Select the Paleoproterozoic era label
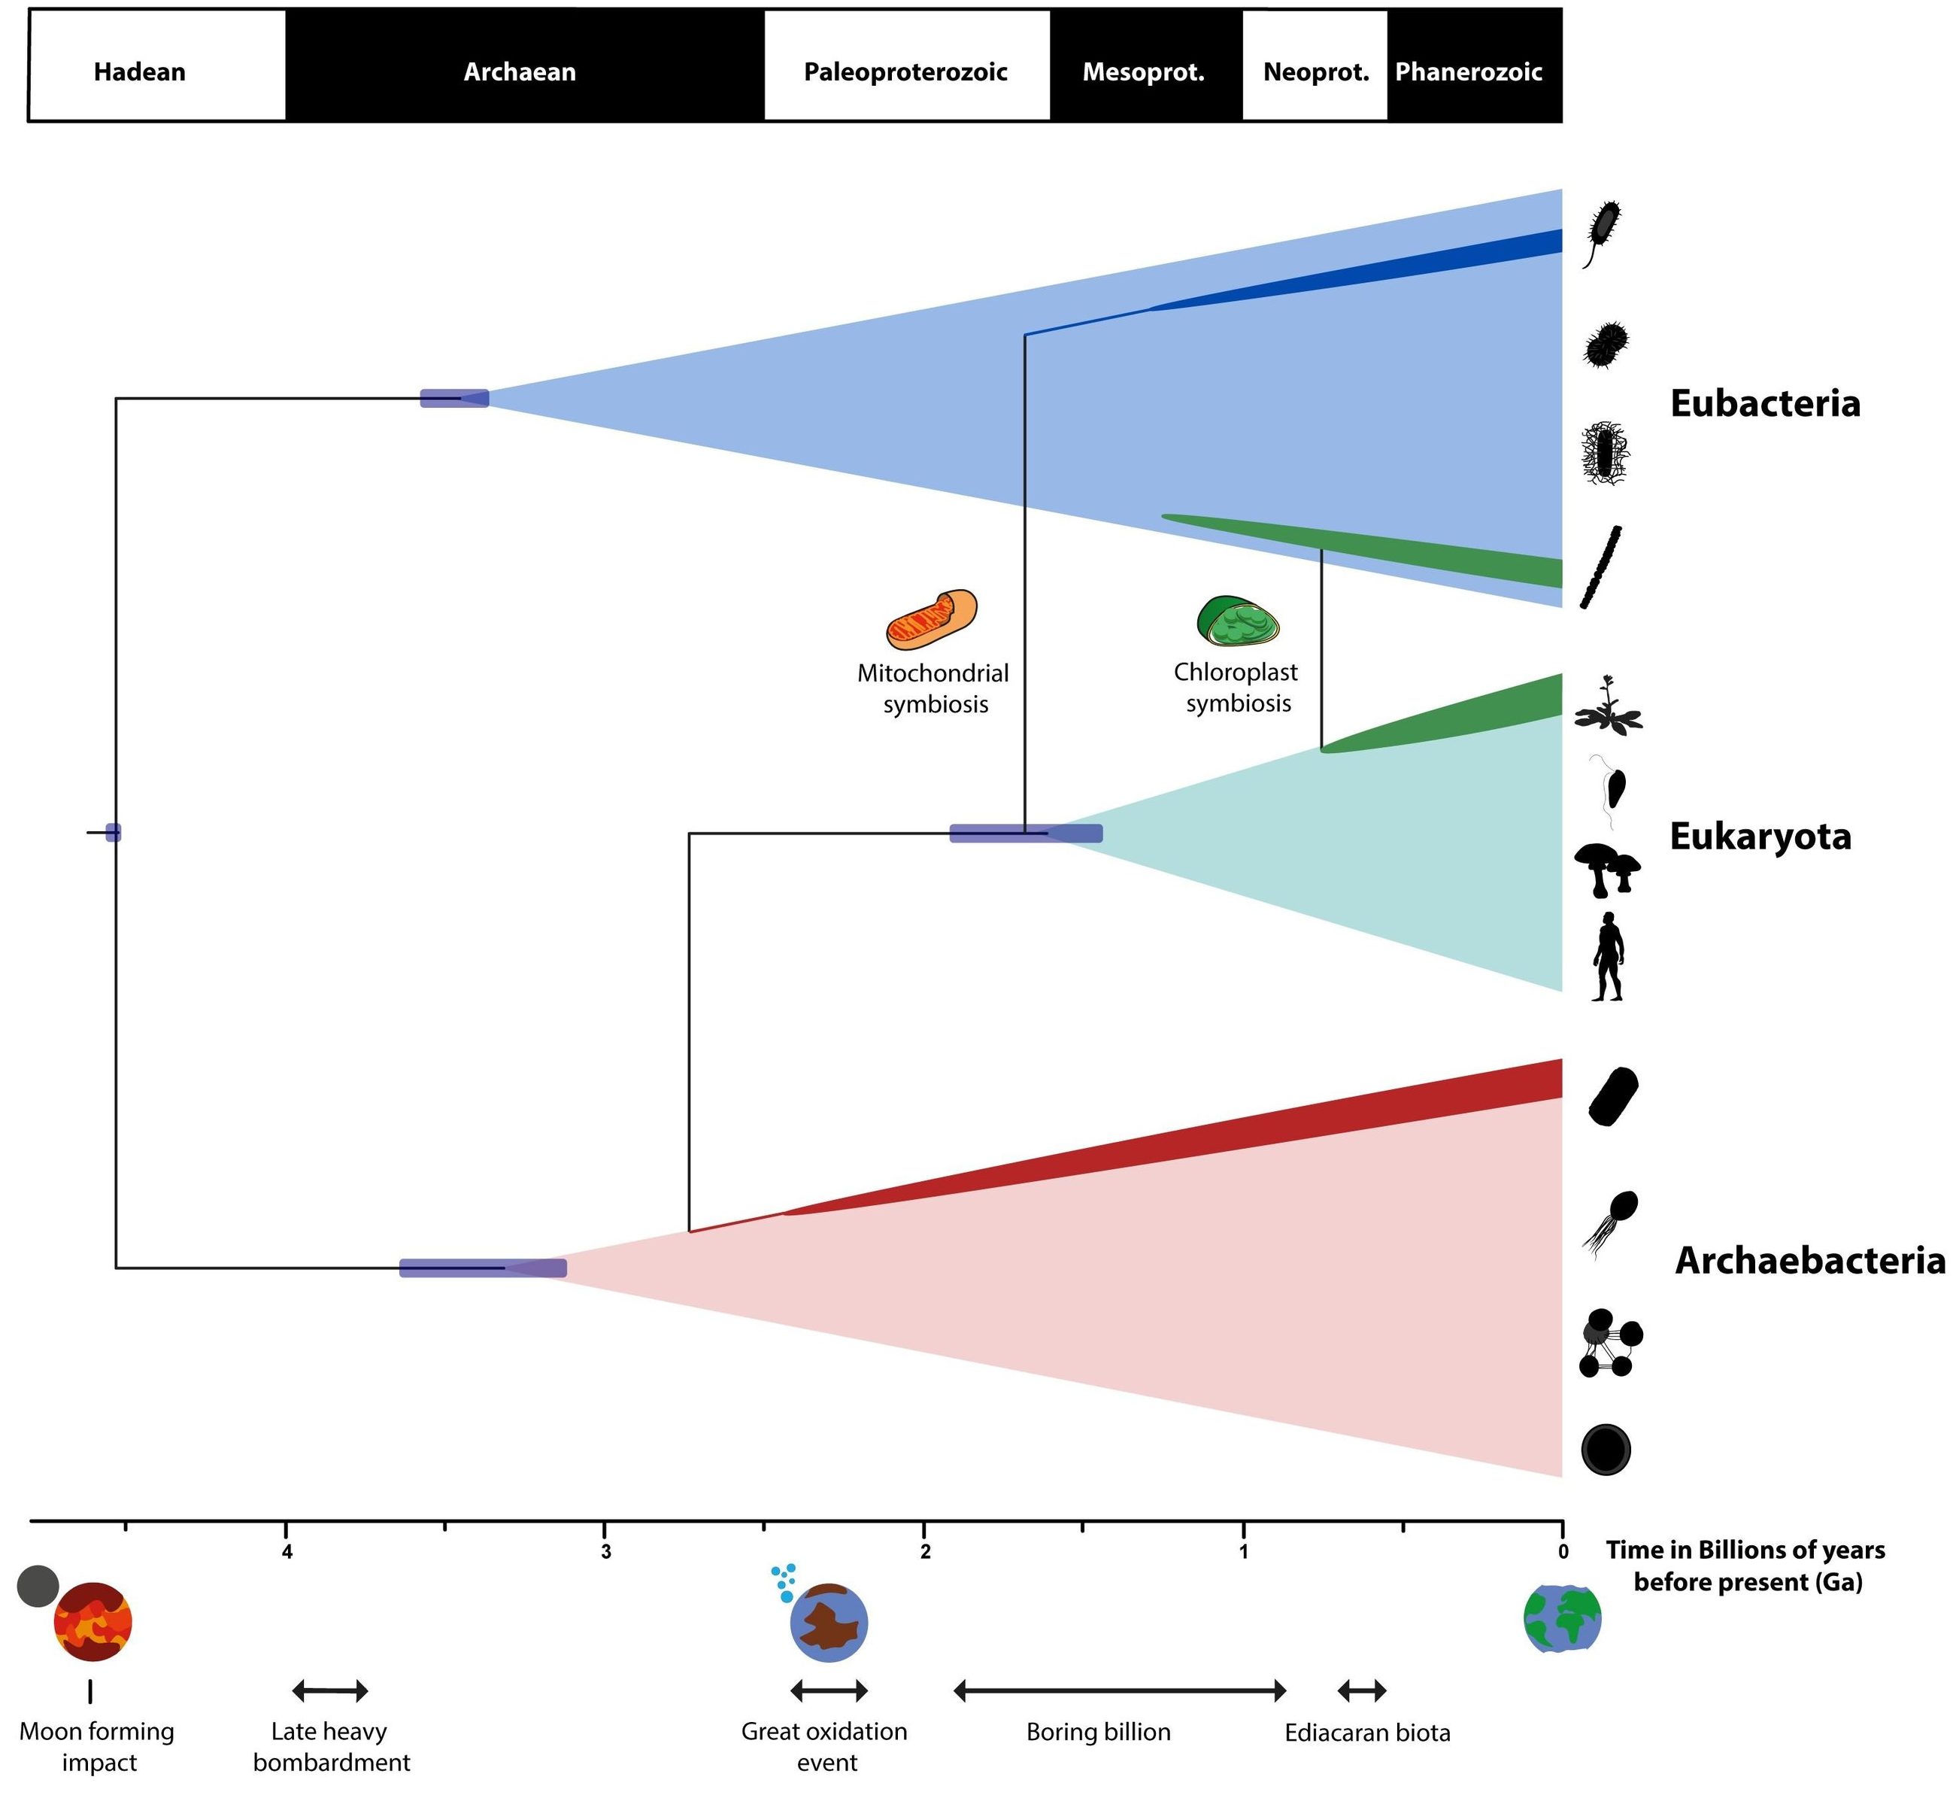point(905,71)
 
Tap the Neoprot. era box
point(1315,71)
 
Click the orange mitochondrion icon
point(931,619)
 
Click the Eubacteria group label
point(1764,402)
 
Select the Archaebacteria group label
point(1809,1260)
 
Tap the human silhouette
point(1608,956)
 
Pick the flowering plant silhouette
point(1609,706)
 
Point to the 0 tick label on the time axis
point(1562,1552)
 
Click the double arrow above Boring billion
point(1120,1691)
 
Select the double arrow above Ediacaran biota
point(1362,1691)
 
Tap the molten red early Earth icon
point(93,1622)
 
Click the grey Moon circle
point(38,1586)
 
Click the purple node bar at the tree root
point(113,832)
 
